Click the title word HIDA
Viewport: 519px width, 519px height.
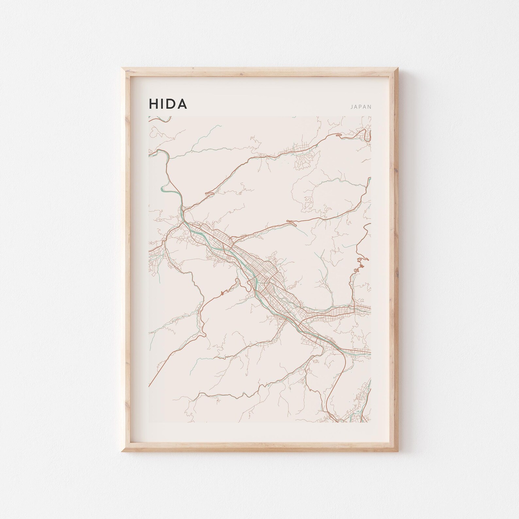pyautogui.click(x=168, y=104)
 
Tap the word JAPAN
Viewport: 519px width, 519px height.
pyautogui.click(x=361, y=107)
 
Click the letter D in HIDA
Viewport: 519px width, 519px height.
pyautogui.click(x=171, y=104)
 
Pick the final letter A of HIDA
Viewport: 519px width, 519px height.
pyautogui.click(x=182, y=104)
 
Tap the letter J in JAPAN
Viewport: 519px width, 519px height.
pyautogui.click(x=351, y=107)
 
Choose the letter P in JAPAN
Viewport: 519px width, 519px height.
pyautogui.click(x=361, y=107)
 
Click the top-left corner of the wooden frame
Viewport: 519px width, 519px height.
pyautogui.click(x=122, y=68)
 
